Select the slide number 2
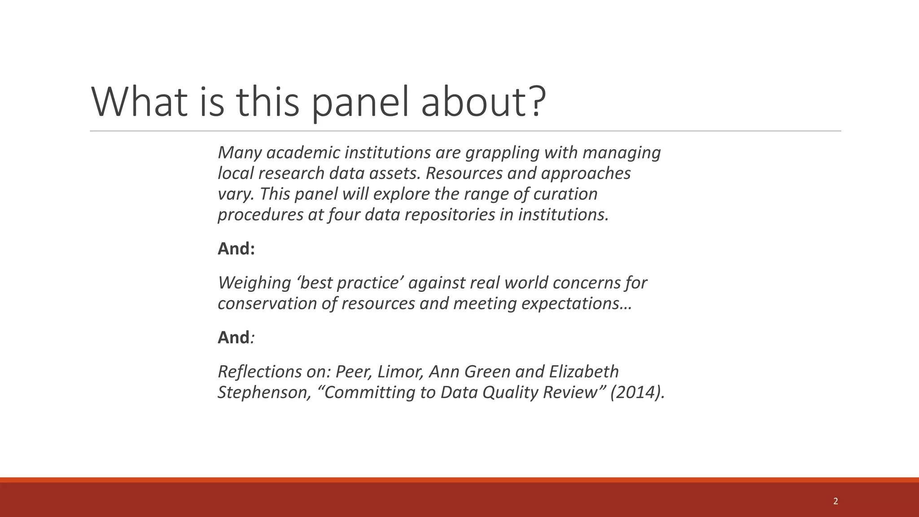835,501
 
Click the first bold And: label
236,249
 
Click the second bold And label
234,337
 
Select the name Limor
400,372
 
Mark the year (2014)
637,392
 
